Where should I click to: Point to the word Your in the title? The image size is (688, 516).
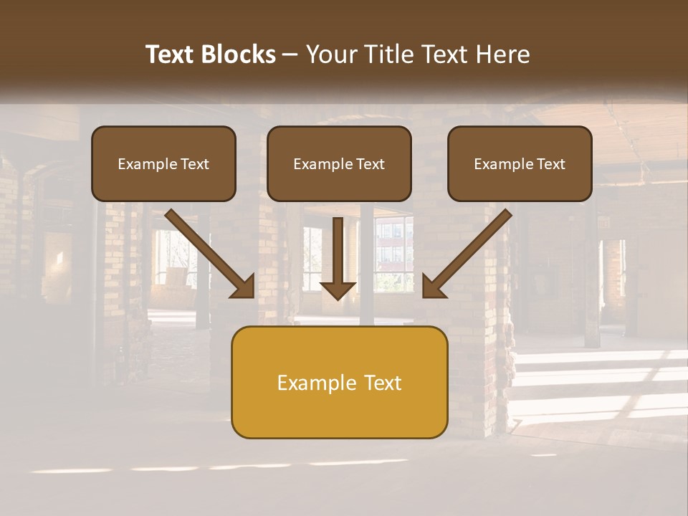pos(333,54)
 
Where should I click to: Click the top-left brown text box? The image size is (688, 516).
pos(163,163)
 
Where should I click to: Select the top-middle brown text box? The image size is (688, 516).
pos(339,163)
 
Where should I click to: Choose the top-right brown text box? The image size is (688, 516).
pos(520,163)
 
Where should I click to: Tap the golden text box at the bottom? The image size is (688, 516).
pos(339,382)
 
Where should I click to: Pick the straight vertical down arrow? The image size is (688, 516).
pos(338,254)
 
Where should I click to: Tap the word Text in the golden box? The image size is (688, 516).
pos(382,383)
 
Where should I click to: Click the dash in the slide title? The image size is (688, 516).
pos(290,55)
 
